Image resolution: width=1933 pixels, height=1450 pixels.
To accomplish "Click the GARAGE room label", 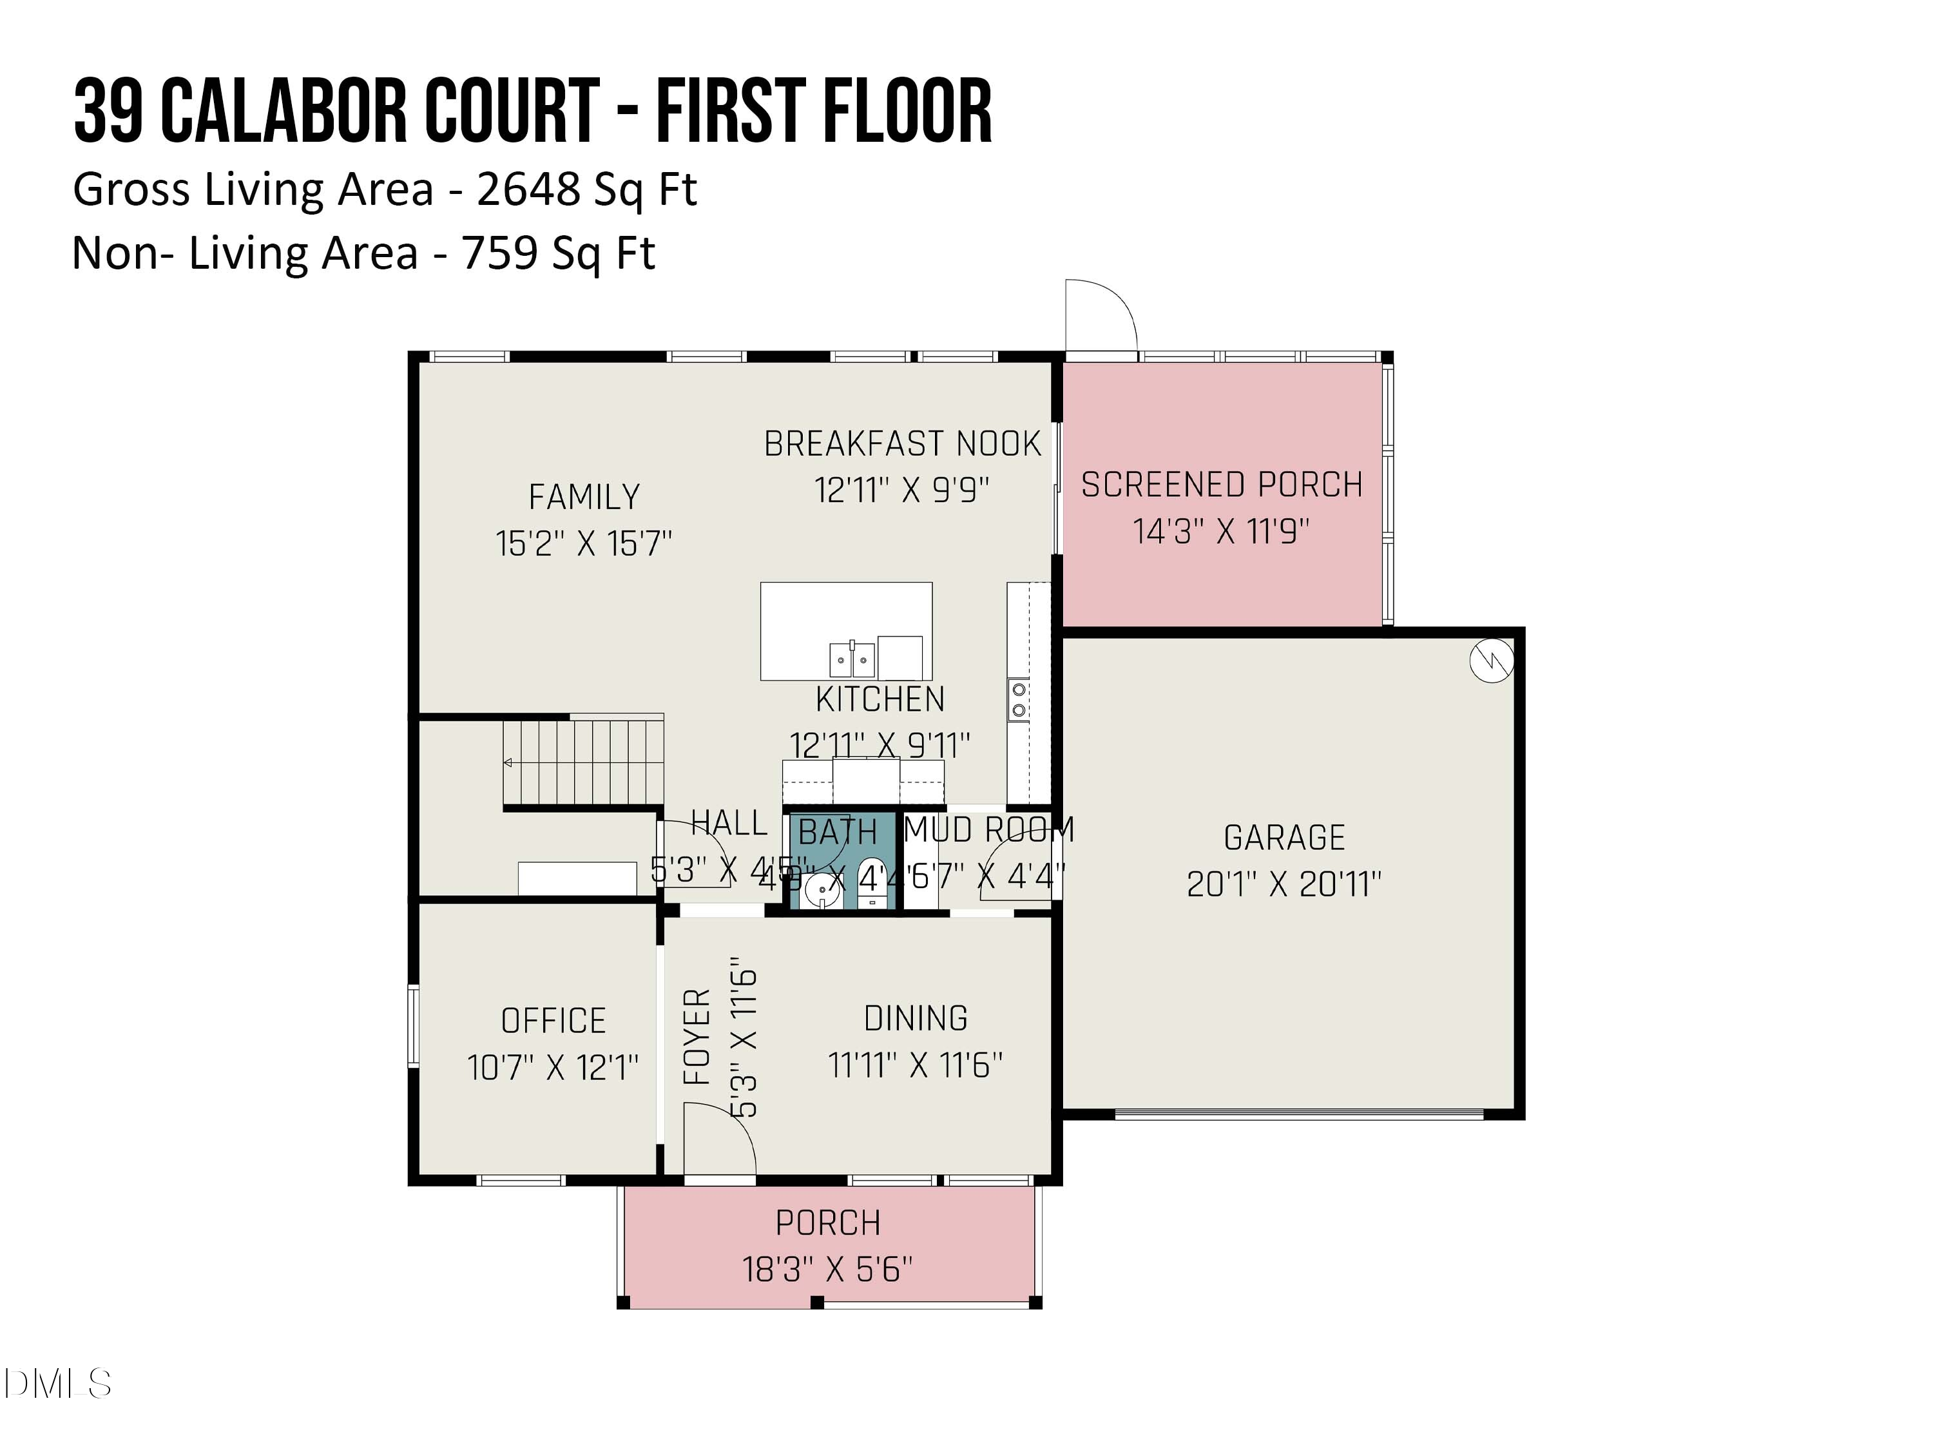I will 1284,837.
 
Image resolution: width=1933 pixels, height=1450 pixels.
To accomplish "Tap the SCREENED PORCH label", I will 1222,484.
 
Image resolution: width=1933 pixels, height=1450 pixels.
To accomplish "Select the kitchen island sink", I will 852,657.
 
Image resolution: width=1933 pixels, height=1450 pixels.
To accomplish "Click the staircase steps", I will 583,760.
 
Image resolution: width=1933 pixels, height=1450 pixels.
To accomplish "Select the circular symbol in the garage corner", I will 1491,661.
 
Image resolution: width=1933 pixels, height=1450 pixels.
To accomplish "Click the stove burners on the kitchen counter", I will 1018,700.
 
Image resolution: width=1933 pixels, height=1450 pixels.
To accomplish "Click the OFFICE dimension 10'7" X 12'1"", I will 553,1067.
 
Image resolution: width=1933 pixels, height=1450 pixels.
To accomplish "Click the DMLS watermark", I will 58,1384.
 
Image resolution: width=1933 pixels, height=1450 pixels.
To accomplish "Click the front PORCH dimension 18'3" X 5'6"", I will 827,1269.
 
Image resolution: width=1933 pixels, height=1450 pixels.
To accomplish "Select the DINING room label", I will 916,1018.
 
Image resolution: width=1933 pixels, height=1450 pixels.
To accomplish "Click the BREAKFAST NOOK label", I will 903,444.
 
